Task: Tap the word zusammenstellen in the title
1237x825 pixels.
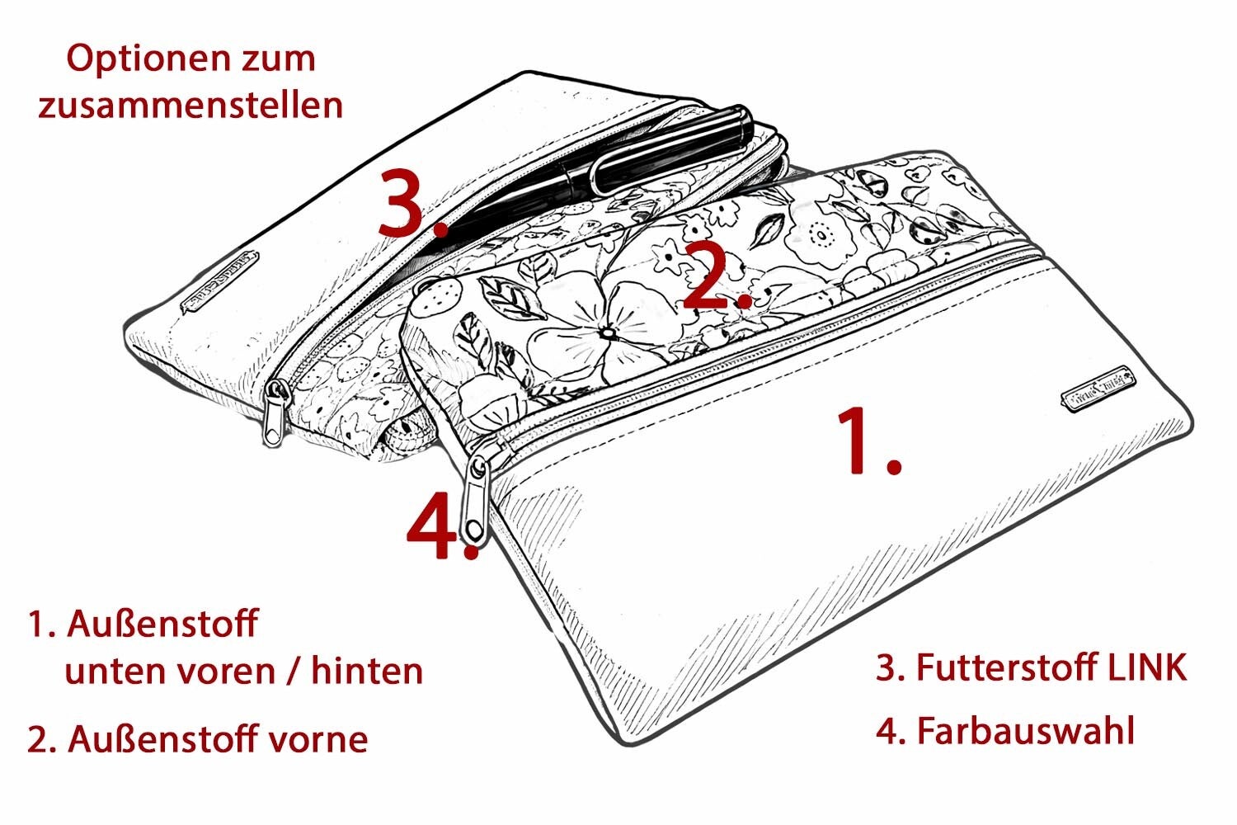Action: pos(190,105)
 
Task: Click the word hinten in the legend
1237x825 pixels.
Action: pos(367,671)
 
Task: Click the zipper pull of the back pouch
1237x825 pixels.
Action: pos(275,412)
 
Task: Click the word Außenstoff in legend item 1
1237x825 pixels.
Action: pos(163,625)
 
